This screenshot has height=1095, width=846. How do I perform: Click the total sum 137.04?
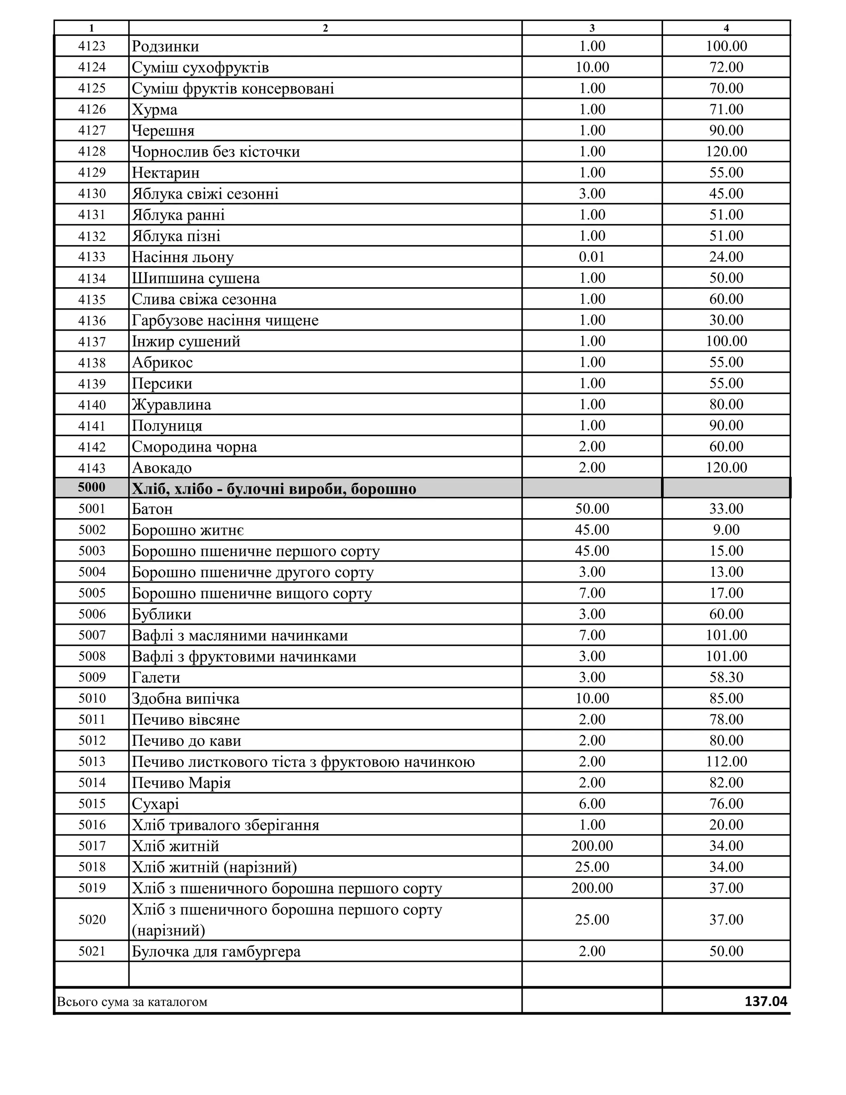click(765, 1001)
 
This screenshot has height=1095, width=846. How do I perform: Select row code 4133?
click(92, 257)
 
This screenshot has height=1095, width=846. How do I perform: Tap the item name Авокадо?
click(162, 468)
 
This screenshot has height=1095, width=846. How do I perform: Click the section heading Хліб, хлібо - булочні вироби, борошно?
click(273, 488)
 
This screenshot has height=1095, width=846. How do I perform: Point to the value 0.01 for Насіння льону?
click(592, 257)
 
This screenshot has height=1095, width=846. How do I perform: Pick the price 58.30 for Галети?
click(726, 677)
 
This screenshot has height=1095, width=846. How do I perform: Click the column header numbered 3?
click(592, 28)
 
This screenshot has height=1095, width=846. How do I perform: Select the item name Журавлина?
click(171, 405)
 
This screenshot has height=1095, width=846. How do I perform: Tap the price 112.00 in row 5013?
click(726, 761)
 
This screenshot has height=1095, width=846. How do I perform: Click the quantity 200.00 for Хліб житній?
click(592, 846)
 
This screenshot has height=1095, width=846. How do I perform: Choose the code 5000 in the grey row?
click(92, 487)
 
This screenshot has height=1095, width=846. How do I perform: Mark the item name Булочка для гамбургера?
click(216, 951)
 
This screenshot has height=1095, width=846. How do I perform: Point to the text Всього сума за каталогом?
click(132, 1002)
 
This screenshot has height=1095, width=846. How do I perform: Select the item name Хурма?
click(154, 109)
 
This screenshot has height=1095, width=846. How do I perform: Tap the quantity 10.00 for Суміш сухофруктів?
click(592, 67)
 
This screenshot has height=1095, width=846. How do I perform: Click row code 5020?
click(92, 919)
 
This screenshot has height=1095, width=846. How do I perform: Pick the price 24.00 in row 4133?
click(726, 257)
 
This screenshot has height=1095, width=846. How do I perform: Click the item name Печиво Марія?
click(181, 783)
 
